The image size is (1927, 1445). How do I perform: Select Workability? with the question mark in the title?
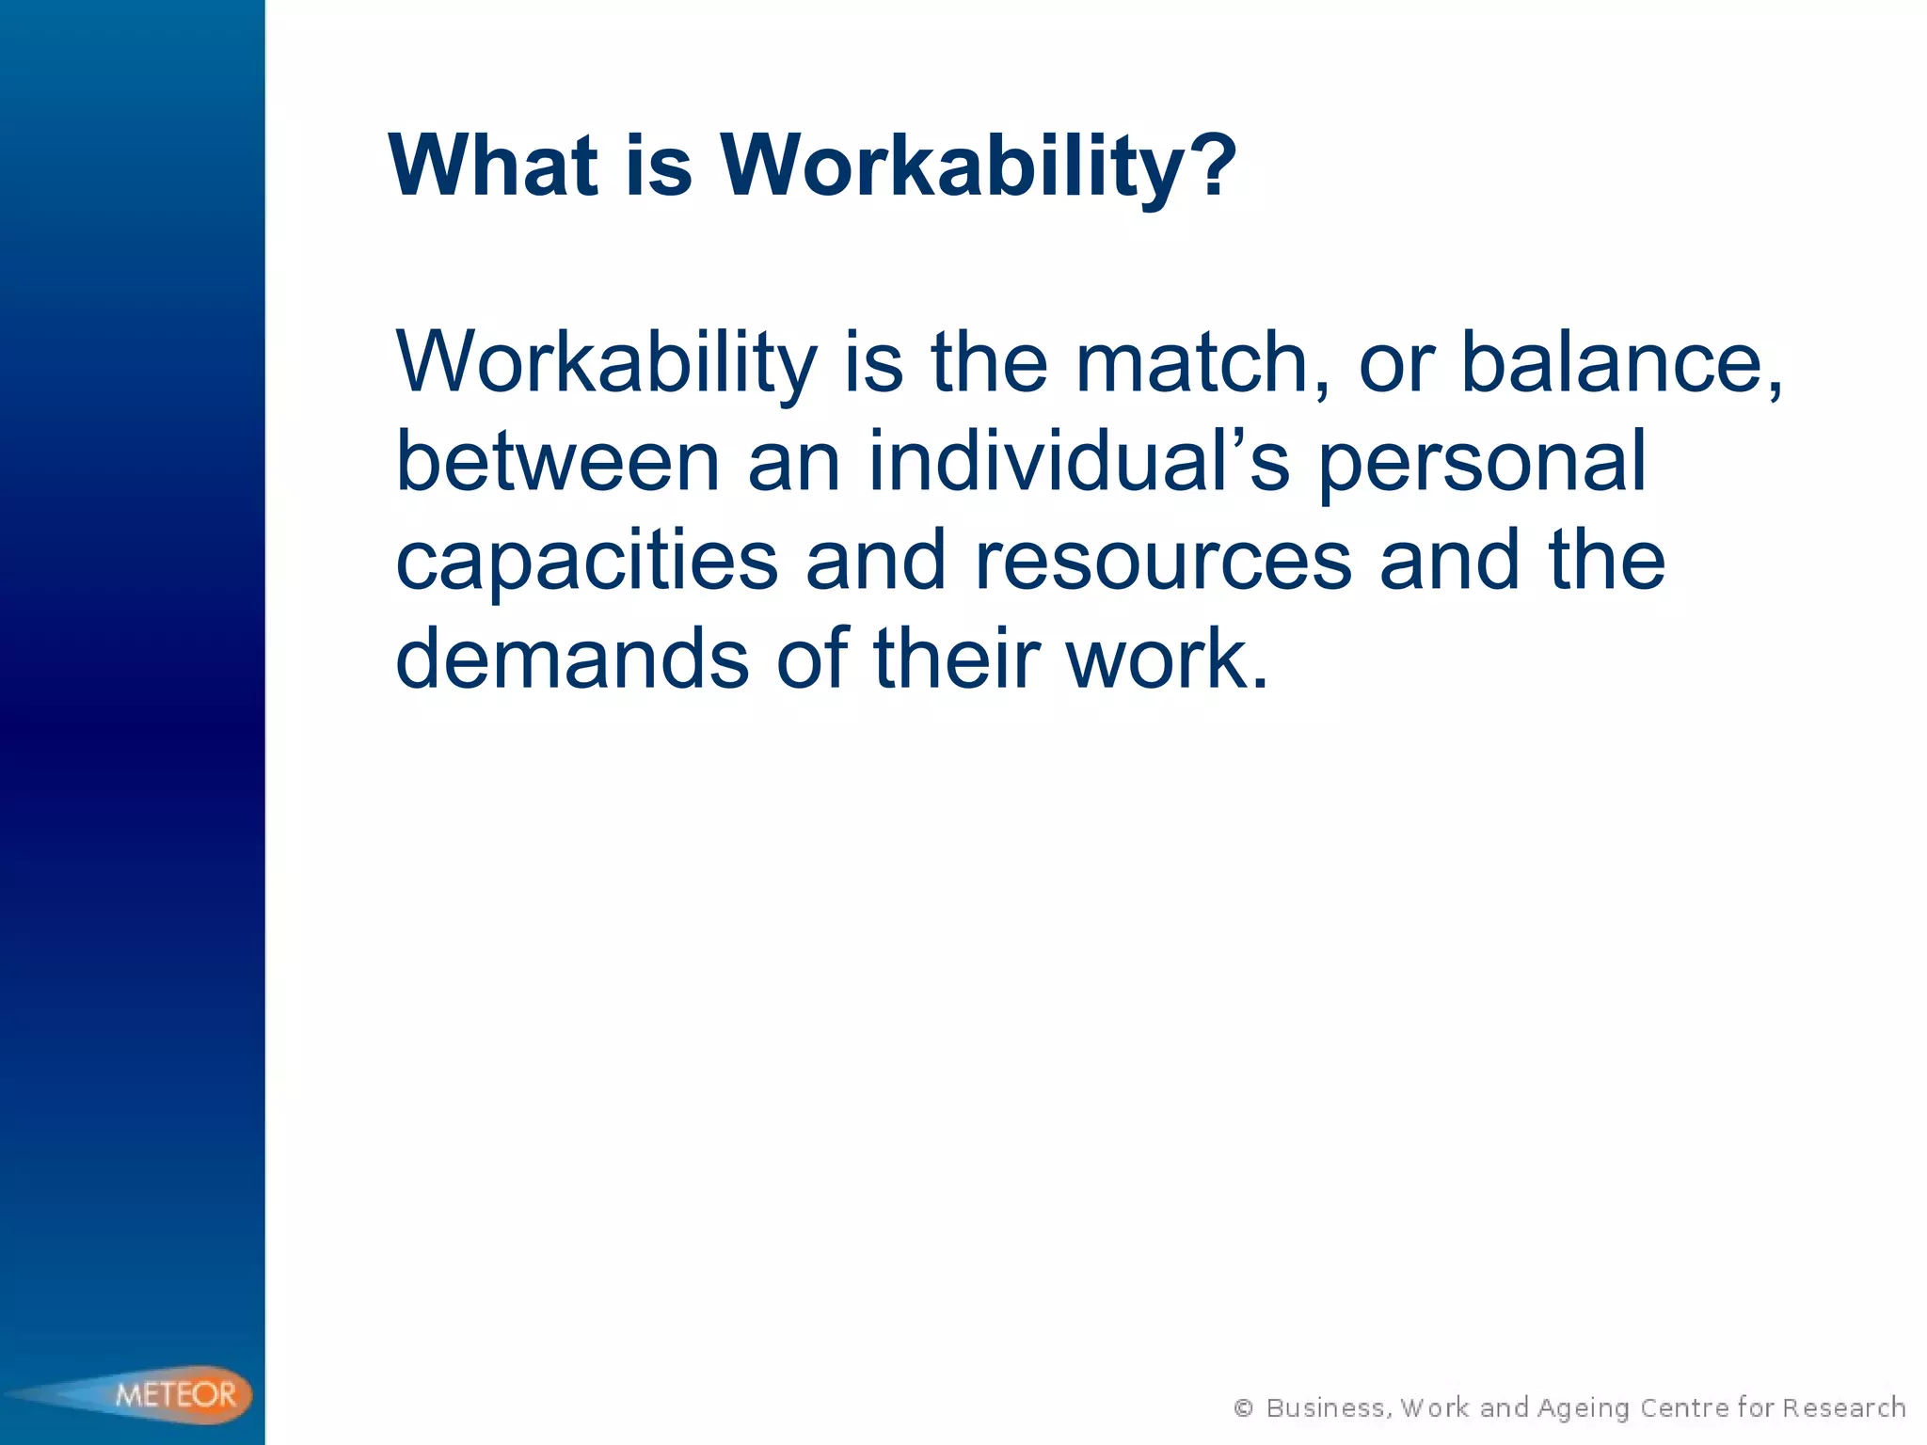(979, 166)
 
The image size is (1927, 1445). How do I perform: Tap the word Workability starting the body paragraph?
(607, 363)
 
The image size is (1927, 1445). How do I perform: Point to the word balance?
(1620, 363)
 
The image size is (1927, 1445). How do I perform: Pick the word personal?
(1481, 462)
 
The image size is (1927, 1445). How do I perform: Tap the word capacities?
(586, 561)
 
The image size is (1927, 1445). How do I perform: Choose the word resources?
(1163, 561)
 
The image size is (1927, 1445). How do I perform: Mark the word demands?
(571, 659)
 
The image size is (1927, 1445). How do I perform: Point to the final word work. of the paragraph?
(1167, 659)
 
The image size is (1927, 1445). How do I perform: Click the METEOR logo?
(176, 1393)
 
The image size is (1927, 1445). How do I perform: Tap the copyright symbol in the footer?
(1243, 1408)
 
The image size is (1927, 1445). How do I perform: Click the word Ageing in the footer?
(1584, 1408)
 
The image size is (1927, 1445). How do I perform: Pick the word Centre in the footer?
(1684, 1408)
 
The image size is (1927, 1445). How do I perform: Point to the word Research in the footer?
(1843, 1408)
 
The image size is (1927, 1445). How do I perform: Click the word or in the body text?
(1396, 363)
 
